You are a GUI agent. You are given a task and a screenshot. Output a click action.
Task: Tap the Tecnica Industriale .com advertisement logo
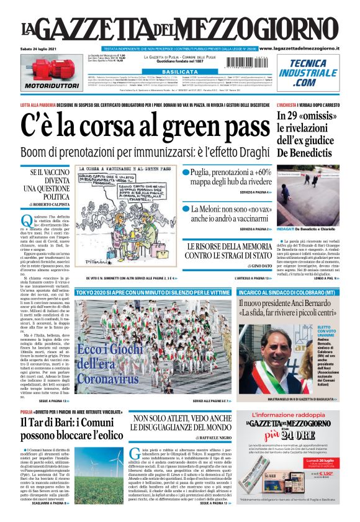312,73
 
